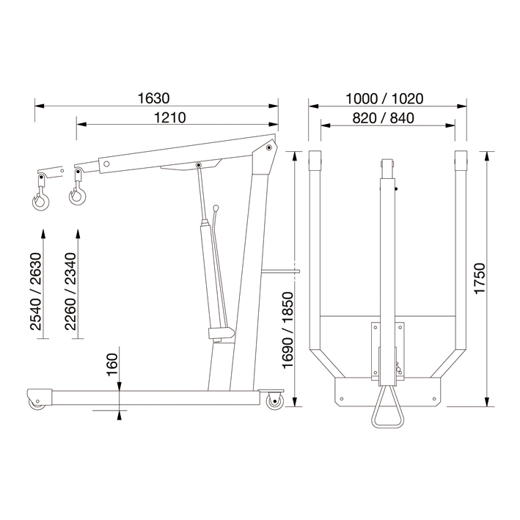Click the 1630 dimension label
pos(153,98)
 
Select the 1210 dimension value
pos(170,117)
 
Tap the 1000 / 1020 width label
pos(384,99)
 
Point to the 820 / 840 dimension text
pos(383,118)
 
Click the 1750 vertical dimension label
pos(480,279)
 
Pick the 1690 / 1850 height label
pos(288,330)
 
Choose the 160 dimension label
pos(112,365)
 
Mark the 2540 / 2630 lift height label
pos(35,291)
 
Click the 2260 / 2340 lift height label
pos(70,291)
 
